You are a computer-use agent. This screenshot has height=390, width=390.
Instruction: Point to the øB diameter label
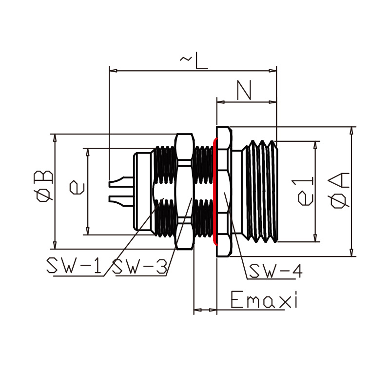pos(43,186)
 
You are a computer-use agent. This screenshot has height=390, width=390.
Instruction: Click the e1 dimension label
pos(306,192)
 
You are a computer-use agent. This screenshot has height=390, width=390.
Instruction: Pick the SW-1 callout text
pos(74,266)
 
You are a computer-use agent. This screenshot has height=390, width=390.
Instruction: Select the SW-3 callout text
pos(140,266)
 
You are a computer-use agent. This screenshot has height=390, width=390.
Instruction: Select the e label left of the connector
pos(77,187)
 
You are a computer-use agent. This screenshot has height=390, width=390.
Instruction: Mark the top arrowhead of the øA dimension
pos(351,130)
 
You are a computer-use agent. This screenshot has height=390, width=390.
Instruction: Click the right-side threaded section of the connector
pos(262,191)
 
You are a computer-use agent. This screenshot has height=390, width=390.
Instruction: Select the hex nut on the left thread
pos(184,191)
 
